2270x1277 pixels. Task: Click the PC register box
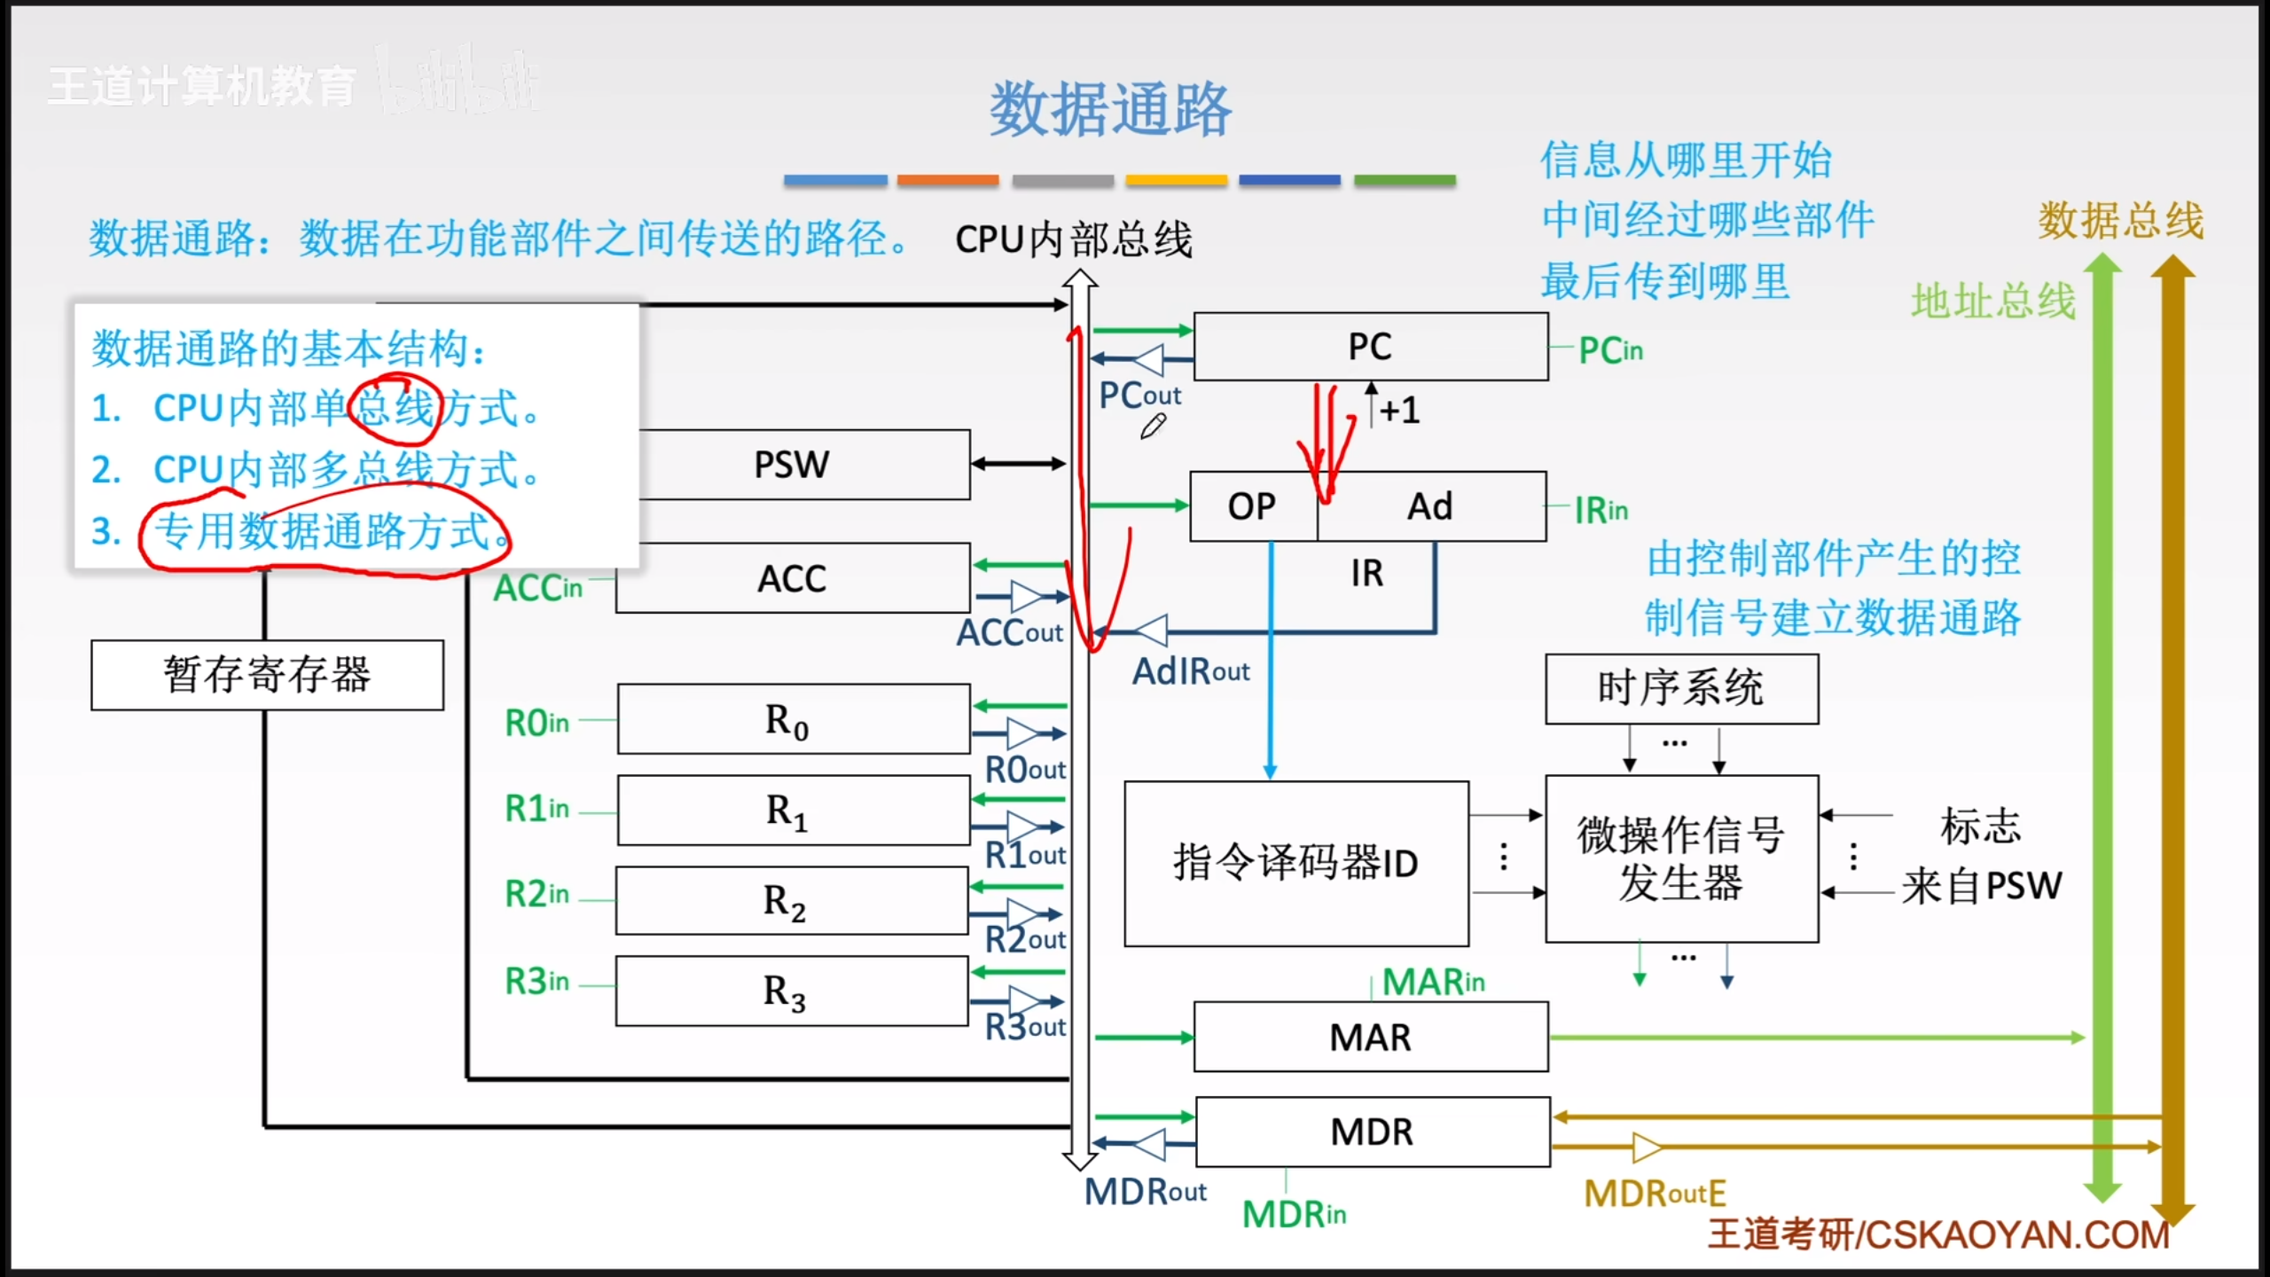(x=1370, y=347)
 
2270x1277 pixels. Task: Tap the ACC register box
(x=792, y=578)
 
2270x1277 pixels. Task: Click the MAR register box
(x=1370, y=1037)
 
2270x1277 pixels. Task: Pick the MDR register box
(x=1372, y=1132)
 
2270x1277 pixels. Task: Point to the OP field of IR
(x=1252, y=506)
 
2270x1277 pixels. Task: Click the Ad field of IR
(x=1430, y=506)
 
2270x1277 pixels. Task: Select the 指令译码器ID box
(x=1295, y=863)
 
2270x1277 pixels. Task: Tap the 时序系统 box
(x=1680, y=689)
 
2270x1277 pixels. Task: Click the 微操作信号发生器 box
(x=1680, y=858)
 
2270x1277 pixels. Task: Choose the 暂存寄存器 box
(x=267, y=675)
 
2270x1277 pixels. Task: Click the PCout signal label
(x=1139, y=396)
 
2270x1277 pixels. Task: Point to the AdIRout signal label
(x=1190, y=672)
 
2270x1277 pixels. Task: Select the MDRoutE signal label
(x=1655, y=1194)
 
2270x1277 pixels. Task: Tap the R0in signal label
(x=536, y=723)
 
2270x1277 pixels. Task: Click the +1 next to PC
(x=1400, y=411)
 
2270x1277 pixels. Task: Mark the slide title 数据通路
(x=1110, y=110)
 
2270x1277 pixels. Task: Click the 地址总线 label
(x=1992, y=302)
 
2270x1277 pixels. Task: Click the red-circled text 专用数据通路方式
(x=324, y=531)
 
